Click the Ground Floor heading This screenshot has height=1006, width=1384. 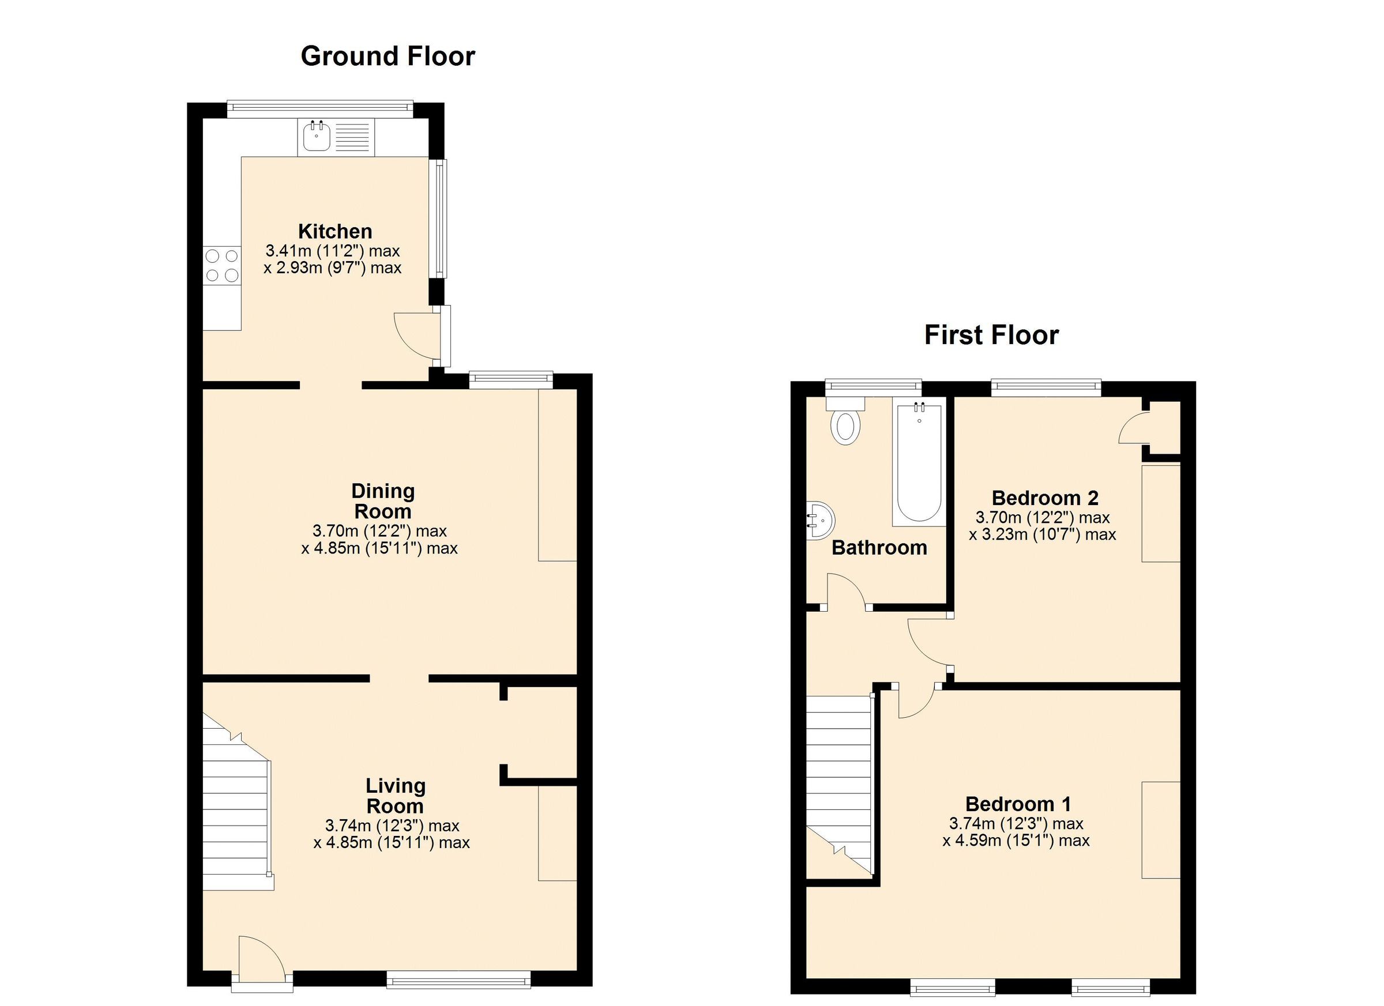[388, 56]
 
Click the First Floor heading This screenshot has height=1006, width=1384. [991, 335]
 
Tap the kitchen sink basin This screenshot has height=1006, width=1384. [315, 137]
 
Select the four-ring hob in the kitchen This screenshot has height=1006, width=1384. [221, 265]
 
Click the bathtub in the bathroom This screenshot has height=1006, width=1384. [919, 464]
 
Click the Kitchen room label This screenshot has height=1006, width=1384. [335, 231]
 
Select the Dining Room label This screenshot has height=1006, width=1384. [382, 500]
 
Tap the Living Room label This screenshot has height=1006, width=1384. [395, 796]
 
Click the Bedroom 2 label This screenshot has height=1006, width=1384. [1045, 498]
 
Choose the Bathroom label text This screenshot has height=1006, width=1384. [879, 547]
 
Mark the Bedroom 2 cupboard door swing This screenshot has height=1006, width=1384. [1133, 428]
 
